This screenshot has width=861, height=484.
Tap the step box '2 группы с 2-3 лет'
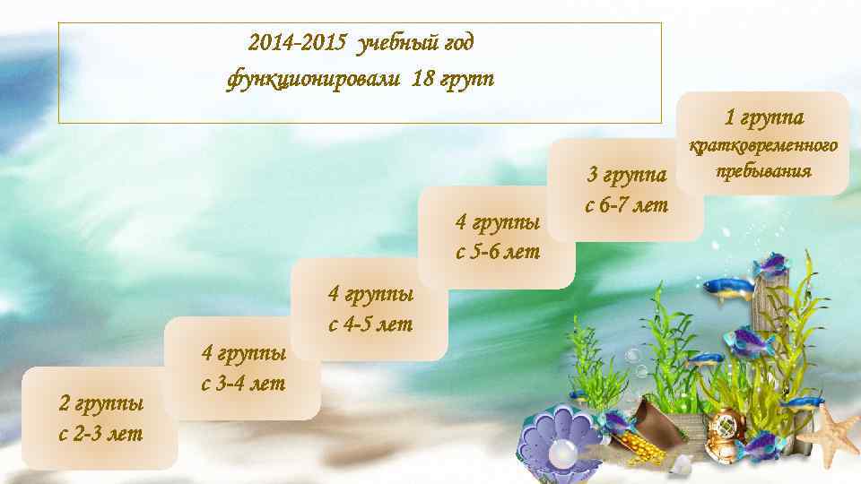pos(100,419)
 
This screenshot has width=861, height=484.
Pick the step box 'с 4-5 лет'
pos(370,309)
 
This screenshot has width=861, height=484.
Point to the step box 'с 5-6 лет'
pos(498,237)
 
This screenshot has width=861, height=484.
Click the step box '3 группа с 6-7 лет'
pos(626,189)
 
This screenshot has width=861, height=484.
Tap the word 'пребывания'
pos(763,170)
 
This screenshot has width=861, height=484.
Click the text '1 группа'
pos(764,117)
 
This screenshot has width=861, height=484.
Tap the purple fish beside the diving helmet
pos(759,443)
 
